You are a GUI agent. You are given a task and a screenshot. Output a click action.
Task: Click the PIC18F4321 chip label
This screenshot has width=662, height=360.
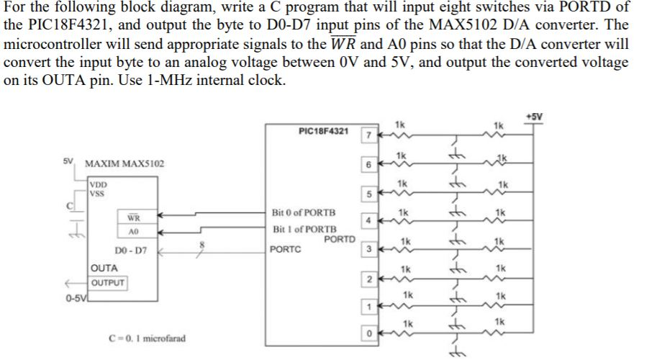pyautogui.click(x=323, y=131)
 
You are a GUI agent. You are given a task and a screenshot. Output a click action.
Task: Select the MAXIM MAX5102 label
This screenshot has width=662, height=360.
pyautogui.click(x=124, y=164)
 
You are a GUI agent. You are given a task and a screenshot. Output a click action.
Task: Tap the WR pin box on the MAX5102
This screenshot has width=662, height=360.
pyautogui.click(x=133, y=217)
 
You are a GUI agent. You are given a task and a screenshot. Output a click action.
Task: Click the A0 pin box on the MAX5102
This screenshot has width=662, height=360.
pyautogui.click(x=133, y=233)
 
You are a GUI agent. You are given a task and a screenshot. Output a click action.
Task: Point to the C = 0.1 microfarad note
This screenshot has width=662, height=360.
pyautogui.click(x=145, y=338)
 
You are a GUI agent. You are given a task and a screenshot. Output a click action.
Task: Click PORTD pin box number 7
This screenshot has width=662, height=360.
pyautogui.click(x=367, y=135)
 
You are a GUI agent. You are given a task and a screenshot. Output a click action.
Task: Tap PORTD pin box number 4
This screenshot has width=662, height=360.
pyautogui.click(x=367, y=221)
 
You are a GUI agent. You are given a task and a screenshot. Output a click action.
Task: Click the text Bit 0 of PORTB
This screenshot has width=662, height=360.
pyautogui.click(x=304, y=213)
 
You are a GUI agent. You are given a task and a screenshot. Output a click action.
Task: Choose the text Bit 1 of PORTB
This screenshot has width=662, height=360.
pyautogui.click(x=304, y=229)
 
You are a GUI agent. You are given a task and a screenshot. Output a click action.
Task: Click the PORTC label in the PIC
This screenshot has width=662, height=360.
pyautogui.click(x=285, y=250)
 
